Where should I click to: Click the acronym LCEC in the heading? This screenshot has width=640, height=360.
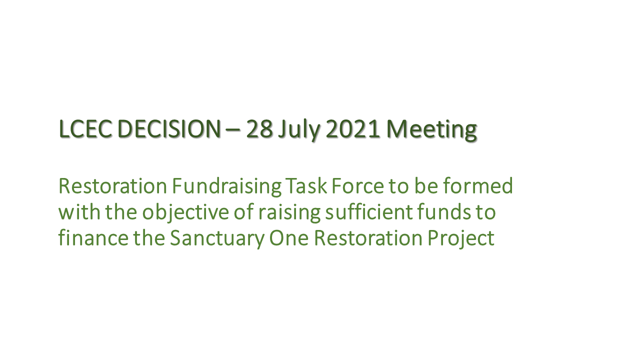(x=85, y=129)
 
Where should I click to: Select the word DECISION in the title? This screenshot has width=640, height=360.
(x=169, y=129)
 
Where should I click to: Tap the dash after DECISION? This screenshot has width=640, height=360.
(x=233, y=130)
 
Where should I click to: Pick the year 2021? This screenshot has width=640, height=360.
(x=353, y=129)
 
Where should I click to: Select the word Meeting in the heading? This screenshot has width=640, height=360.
(x=431, y=130)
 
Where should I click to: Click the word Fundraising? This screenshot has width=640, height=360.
(x=227, y=187)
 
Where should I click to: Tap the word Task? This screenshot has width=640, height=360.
(x=306, y=186)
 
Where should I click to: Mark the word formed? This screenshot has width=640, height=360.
(x=478, y=185)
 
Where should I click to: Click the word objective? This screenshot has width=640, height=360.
(x=185, y=213)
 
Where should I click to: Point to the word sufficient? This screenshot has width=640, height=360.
(x=369, y=211)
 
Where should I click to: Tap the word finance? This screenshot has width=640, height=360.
(x=93, y=237)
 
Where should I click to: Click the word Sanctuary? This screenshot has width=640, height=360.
(x=217, y=239)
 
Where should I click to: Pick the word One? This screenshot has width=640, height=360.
(x=289, y=238)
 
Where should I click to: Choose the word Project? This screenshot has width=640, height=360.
(x=461, y=239)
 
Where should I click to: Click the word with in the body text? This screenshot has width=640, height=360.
(x=79, y=211)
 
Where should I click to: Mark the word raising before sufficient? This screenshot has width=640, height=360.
(x=289, y=213)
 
